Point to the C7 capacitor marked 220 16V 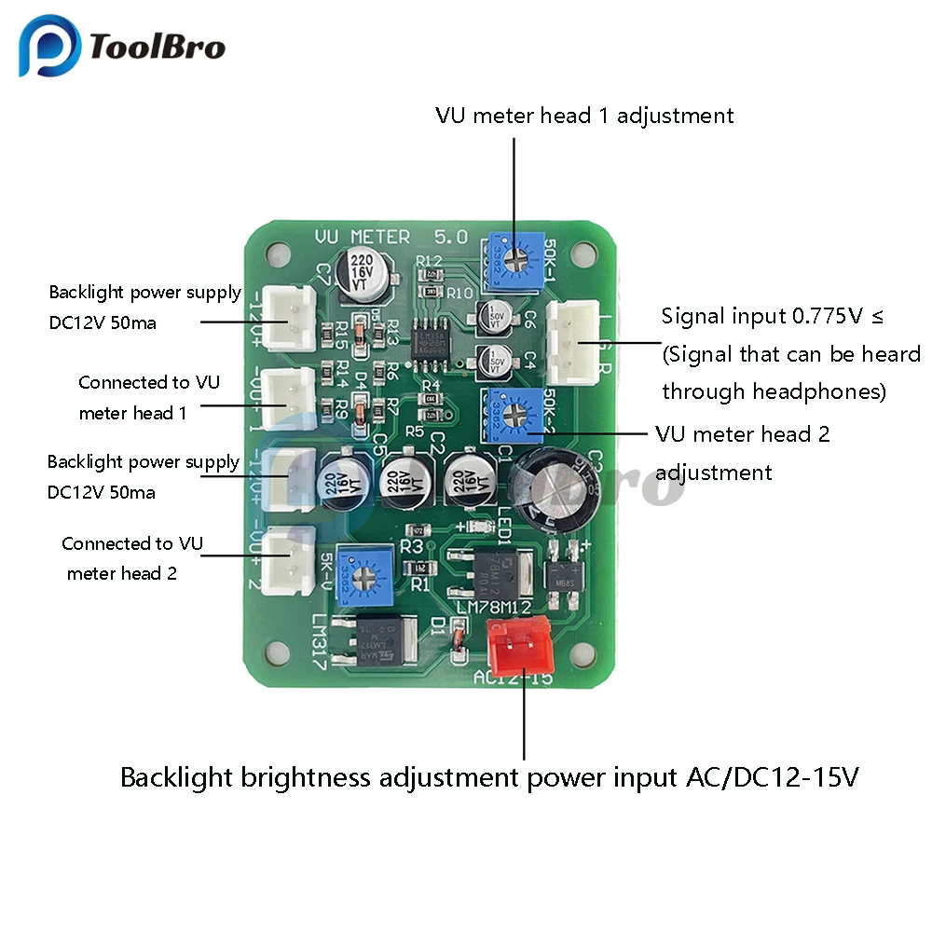pos(363,269)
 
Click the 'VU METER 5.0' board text pos(391,237)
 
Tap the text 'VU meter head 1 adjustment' pos(584,116)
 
